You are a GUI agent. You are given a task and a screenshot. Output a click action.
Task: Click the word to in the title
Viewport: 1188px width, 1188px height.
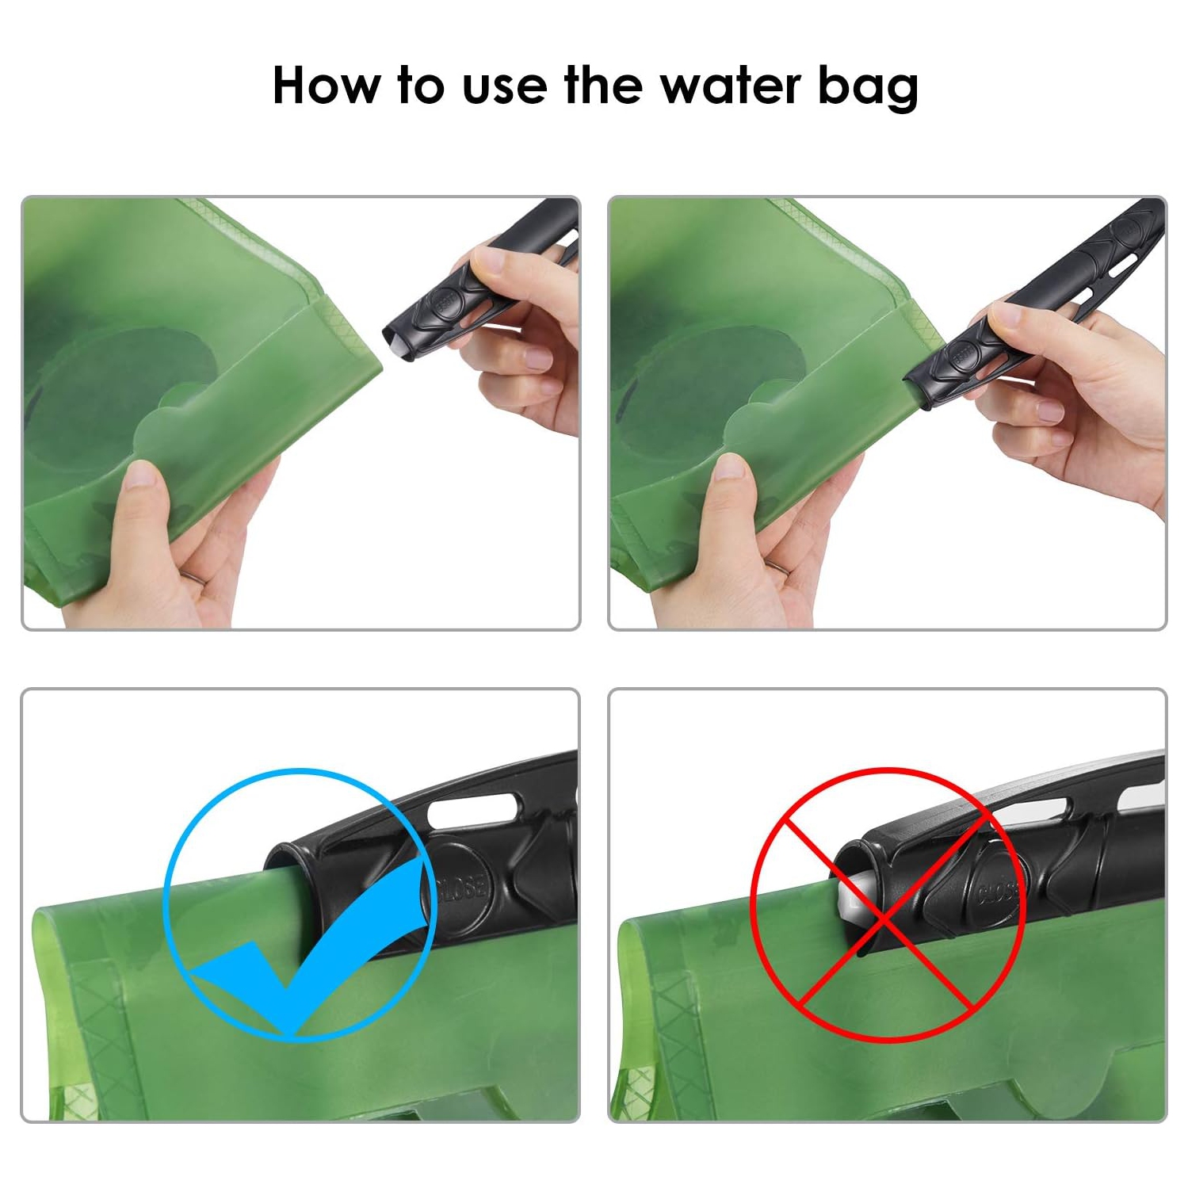point(420,86)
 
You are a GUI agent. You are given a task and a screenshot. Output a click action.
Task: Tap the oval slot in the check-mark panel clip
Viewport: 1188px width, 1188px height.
point(472,810)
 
